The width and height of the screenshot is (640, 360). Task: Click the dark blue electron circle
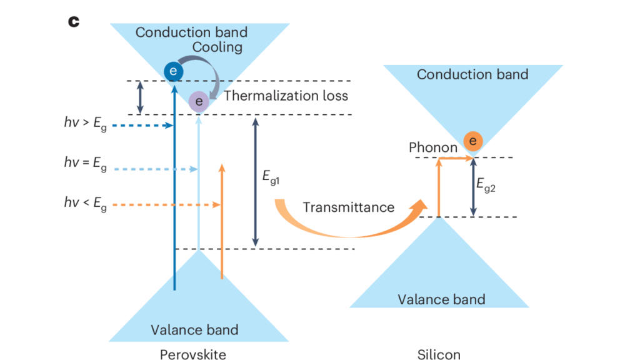(x=173, y=72)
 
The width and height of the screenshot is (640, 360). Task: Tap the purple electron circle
(x=199, y=101)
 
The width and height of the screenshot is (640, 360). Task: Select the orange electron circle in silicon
(x=472, y=141)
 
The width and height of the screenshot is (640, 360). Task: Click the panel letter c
(x=74, y=21)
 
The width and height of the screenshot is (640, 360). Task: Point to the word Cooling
(x=218, y=47)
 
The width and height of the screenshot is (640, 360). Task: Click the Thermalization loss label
(x=286, y=96)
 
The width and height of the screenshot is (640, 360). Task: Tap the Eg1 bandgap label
(x=272, y=178)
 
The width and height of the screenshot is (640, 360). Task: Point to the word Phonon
(x=432, y=148)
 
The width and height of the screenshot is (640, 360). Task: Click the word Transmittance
(x=349, y=207)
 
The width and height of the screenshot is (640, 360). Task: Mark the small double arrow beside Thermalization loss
(x=140, y=97)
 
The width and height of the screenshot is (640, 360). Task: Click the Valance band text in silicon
(x=441, y=299)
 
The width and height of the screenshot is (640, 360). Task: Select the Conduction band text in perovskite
(x=191, y=32)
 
